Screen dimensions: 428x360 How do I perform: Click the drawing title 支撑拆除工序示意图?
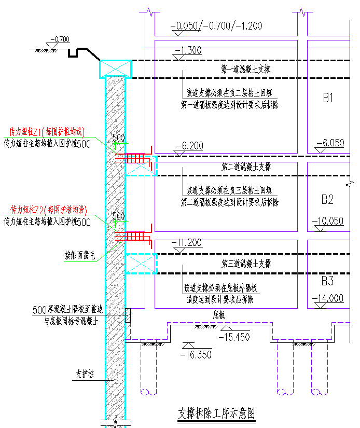(217, 413)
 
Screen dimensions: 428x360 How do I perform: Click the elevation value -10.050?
(327, 220)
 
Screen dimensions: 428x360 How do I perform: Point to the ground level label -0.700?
(61, 39)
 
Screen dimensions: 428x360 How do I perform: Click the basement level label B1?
(327, 98)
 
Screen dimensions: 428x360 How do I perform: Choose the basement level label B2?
(327, 199)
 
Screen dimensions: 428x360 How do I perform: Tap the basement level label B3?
(327, 281)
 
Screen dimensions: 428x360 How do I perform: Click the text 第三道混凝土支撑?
(245, 263)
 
